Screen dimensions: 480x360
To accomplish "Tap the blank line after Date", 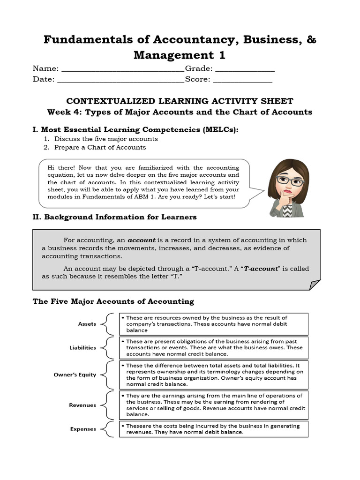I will coord(120,81).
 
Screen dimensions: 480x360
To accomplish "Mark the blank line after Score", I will coord(242,81).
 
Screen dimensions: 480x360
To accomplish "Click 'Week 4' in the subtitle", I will coord(63,112).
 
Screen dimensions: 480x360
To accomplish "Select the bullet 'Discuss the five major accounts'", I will coord(106,139).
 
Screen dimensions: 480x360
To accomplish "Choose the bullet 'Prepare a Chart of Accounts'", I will coord(100,147).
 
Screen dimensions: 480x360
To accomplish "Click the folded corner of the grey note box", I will coord(315,285).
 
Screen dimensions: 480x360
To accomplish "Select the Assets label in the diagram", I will coord(87,324).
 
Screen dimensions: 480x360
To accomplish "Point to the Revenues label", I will coord(82,405).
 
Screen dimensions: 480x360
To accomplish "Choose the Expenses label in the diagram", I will coord(83,428).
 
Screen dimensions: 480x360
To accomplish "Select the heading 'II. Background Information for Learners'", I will coord(114,217).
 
